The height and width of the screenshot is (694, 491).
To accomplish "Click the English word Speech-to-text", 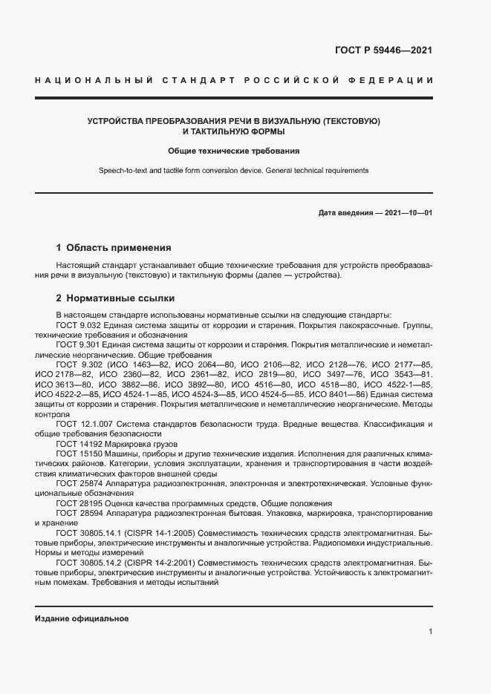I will tap(126, 171).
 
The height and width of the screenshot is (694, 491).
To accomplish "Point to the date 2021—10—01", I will tap(409, 213).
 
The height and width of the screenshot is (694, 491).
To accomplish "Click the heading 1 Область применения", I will tap(114, 247).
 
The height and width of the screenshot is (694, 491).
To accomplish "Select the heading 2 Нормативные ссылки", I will tap(115, 298).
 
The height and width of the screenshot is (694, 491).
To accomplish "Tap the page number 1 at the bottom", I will tap(430, 632).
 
